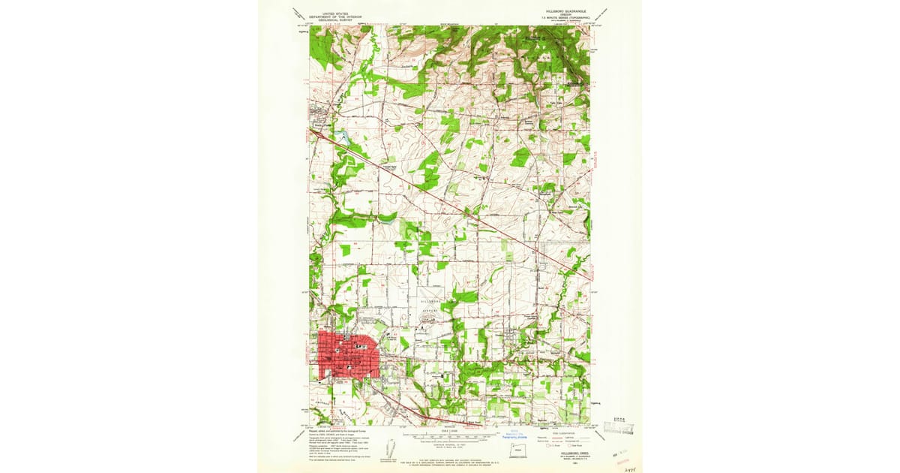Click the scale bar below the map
click(450, 435)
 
